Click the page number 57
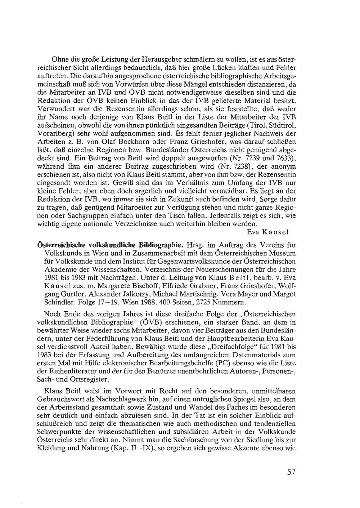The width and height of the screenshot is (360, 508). point(291,472)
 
